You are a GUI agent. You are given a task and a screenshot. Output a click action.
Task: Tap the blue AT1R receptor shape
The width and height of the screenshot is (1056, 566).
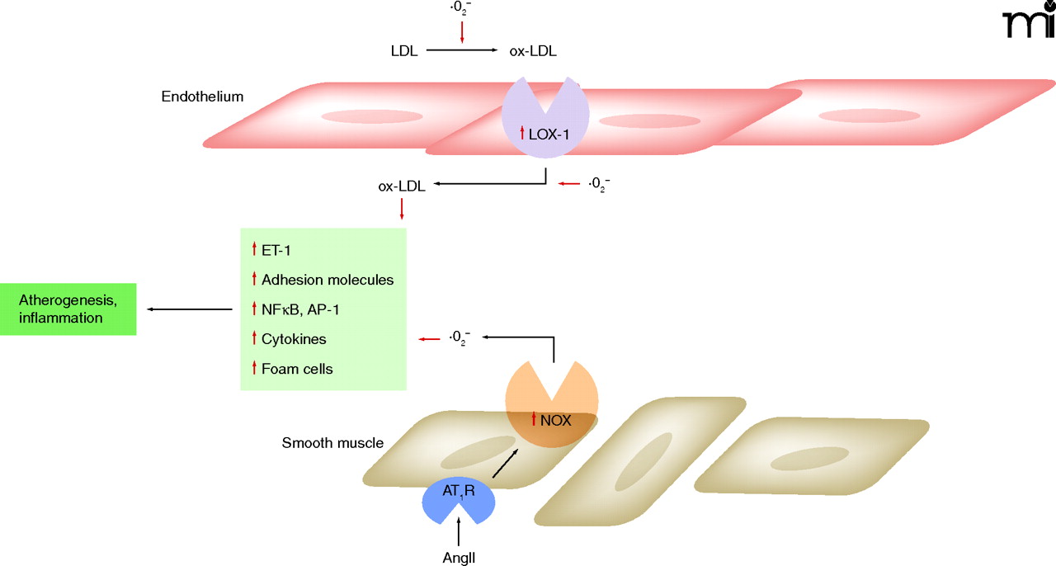point(458,498)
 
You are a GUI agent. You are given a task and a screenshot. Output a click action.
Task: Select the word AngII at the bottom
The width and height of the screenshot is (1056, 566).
point(458,557)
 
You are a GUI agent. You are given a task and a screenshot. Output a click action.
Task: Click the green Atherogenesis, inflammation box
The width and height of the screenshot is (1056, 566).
point(68,309)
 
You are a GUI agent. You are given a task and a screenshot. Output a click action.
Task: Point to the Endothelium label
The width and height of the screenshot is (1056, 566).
point(202,97)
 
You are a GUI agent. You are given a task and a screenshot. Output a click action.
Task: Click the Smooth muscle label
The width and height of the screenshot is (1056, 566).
point(332,443)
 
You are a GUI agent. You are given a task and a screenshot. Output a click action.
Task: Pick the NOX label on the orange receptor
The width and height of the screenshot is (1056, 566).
point(556,420)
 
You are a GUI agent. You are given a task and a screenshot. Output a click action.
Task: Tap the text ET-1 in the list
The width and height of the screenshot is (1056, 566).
point(278,250)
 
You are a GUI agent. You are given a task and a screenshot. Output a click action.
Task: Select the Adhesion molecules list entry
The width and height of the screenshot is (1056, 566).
point(328,280)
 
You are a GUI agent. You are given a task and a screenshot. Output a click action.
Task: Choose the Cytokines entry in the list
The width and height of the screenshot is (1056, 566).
point(295,339)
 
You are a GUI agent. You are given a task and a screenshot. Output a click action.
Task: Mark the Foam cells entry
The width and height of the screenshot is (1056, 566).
point(297,369)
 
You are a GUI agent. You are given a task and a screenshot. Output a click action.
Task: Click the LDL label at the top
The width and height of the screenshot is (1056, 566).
point(404,51)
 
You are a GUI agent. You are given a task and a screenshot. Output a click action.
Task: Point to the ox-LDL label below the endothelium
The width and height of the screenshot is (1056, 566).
point(401,186)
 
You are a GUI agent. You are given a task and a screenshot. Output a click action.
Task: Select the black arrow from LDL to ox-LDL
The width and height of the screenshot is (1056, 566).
point(461,51)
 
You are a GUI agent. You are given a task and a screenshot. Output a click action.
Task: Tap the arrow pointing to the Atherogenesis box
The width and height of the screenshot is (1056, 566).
point(190,309)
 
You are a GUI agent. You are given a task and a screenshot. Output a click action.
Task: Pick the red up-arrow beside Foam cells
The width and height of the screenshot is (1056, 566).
point(254,369)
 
